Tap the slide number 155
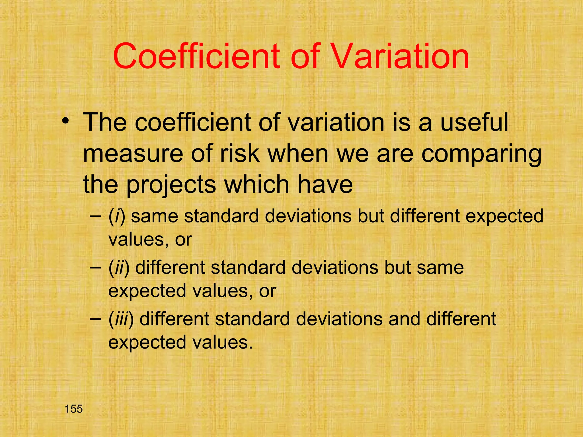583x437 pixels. (73, 409)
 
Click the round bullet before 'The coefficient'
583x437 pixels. (66, 121)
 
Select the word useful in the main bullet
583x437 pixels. (474, 122)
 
